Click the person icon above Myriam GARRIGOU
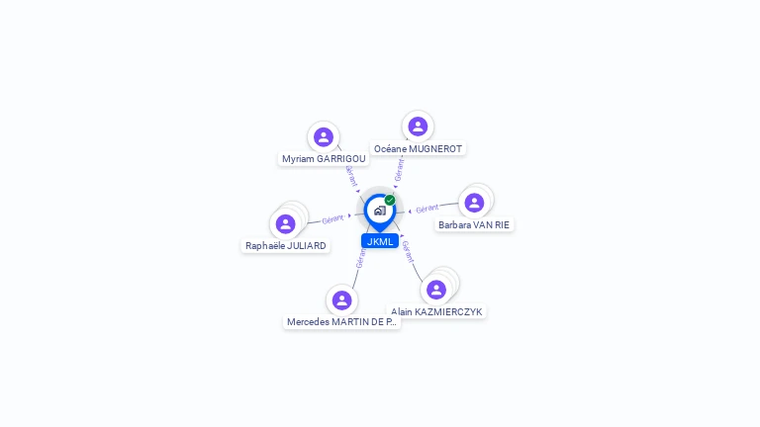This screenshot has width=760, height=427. tap(323, 137)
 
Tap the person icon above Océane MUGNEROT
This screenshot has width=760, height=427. tap(418, 127)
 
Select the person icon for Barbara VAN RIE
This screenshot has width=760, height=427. tap(474, 203)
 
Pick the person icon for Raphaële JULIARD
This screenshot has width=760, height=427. tap(286, 224)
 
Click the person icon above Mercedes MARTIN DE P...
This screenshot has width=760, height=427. tap(341, 300)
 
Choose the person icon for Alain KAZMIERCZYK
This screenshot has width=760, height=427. tap(436, 290)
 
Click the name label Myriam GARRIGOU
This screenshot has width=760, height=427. tap(324, 158)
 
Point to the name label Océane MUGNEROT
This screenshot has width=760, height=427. tap(418, 148)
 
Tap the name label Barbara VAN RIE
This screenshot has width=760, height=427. tap(474, 224)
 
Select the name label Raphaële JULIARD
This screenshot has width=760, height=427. tap(286, 245)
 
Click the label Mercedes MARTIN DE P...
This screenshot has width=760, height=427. tap(341, 321)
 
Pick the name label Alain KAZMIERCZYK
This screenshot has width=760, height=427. tap(436, 311)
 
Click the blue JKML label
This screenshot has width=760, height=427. tap(380, 241)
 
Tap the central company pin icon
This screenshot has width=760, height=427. tap(379, 211)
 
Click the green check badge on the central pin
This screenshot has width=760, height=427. tap(390, 200)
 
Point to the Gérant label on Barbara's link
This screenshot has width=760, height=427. tap(427, 209)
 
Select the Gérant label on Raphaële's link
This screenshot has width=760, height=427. tap(332, 218)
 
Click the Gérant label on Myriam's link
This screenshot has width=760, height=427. tap(350, 175)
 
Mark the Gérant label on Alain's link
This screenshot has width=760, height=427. tap(408, 251)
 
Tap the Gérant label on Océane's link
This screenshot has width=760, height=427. tap(399, 169)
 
